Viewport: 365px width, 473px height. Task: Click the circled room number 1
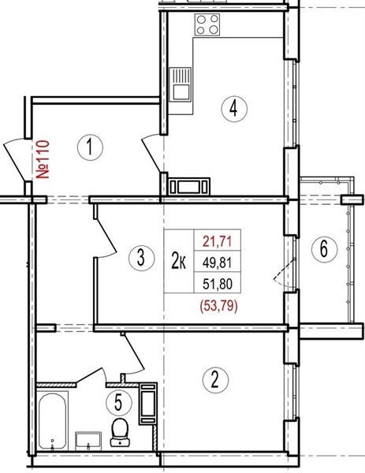[90, 147]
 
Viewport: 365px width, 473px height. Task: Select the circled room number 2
[214, 379]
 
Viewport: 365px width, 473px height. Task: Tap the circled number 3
[141, 258]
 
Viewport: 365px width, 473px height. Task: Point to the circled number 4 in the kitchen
[234, 109]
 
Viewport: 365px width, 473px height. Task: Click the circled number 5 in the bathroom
[119, 402]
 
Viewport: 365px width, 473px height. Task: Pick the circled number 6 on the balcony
[324, 249]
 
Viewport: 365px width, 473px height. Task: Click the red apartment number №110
[43, 159]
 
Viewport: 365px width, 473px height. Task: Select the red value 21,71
[218, 242]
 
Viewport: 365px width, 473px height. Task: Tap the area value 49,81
[218, 263]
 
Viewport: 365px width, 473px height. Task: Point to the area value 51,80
[218, 284]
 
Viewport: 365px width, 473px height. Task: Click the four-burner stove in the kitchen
[207, 24]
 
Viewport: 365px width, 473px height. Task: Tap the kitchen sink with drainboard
[181, 84]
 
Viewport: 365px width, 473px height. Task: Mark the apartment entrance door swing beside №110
[14, 162]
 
